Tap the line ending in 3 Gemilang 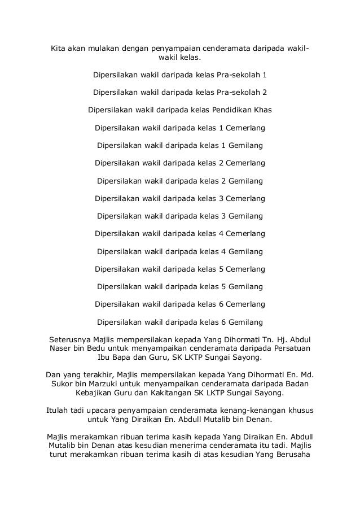[x=179, y=216]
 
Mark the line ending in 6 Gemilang [x=179, y=322]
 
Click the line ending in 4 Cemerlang [x=179, y=233]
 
